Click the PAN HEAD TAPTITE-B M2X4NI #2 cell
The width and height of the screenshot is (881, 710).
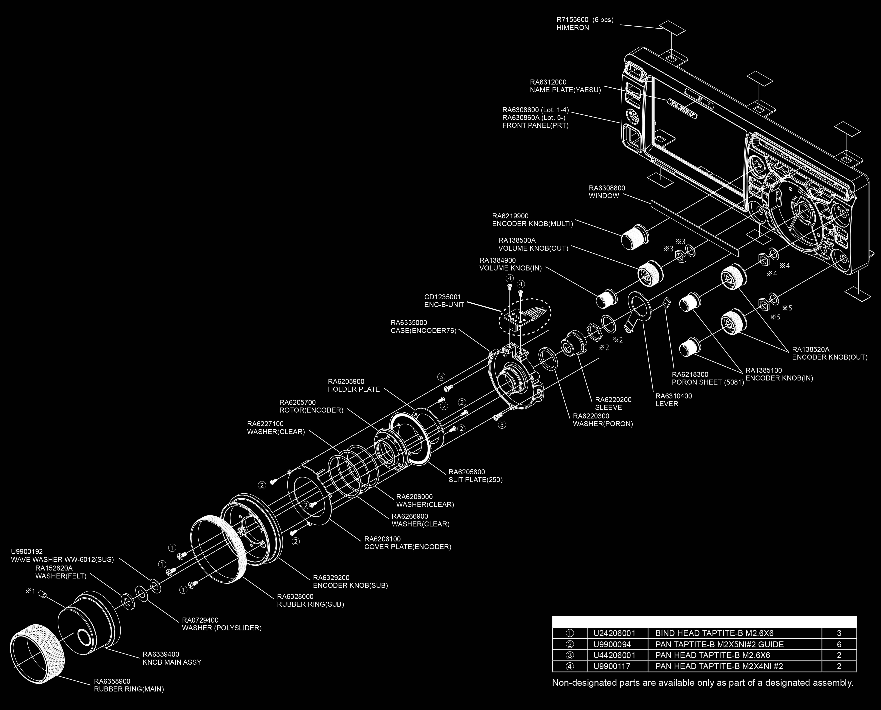tap(719, 666)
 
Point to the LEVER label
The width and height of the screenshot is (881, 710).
tap(666, 404)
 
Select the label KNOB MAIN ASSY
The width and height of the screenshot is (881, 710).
tap(172, 662)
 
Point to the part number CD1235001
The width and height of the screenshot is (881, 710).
tap(442, 297)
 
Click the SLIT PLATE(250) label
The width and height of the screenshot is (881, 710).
tap(476, 480)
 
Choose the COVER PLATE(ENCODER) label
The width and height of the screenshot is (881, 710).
tap(408, 547)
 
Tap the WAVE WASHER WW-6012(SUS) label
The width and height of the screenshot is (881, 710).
tap(62, 559)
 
